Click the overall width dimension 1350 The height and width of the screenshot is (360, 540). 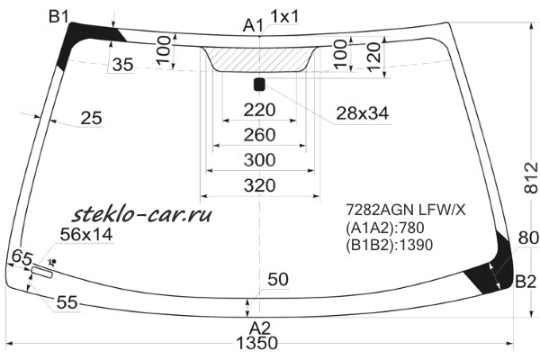tap(256, 343)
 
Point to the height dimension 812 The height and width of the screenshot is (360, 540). tap(531, 177)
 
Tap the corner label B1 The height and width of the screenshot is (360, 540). tap(59, 16)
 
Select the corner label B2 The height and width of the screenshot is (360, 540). tap(526, 282)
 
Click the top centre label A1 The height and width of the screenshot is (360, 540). tap(253, 25)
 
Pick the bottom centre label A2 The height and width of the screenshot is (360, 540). tap(260, 328)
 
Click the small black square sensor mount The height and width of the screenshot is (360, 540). tap(259, 85)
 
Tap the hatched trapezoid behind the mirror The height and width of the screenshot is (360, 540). tap(259, 59)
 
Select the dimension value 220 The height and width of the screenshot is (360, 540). tap(260, 110)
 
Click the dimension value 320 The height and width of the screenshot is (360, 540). tap(260, 185)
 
